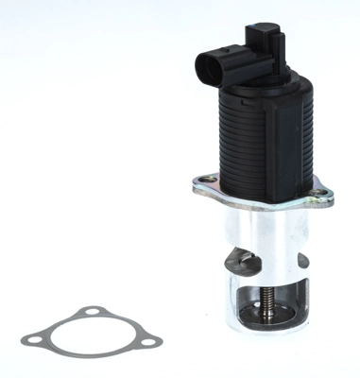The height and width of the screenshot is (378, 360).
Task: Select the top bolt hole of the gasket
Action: click(92, 315)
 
